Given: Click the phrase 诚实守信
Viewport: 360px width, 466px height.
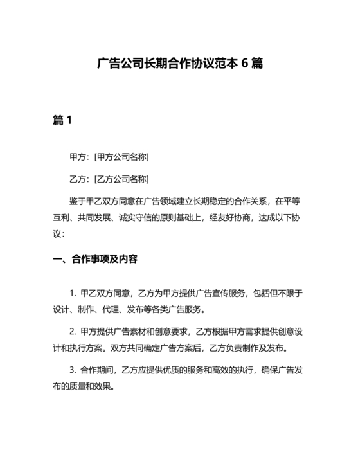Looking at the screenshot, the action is (x=152, y=217).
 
